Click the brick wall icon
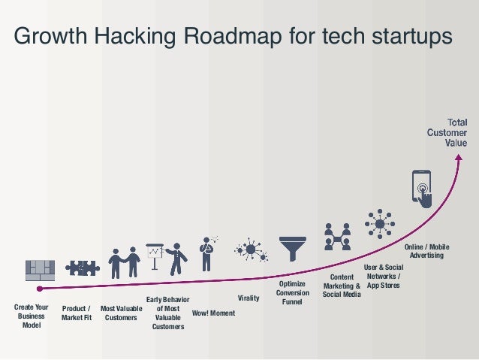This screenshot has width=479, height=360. (x=41, y=270)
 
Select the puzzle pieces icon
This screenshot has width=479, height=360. (x=82, y=268)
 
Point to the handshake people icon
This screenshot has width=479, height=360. (x=124, y=263)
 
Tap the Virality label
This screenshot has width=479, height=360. (x=249, y=298)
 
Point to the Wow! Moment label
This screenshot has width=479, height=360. (x=213, y=313)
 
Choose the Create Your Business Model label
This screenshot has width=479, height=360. (x=32, y=316)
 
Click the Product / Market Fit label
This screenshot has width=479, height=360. (x=76, y=313)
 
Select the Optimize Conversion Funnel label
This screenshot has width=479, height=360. (x=292, y=293)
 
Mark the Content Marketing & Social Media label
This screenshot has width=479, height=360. (x=342, y=286)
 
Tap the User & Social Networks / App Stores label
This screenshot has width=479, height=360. (x=383, y=277)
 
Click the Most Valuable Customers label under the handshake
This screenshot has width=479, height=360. (x=121, y=313)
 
